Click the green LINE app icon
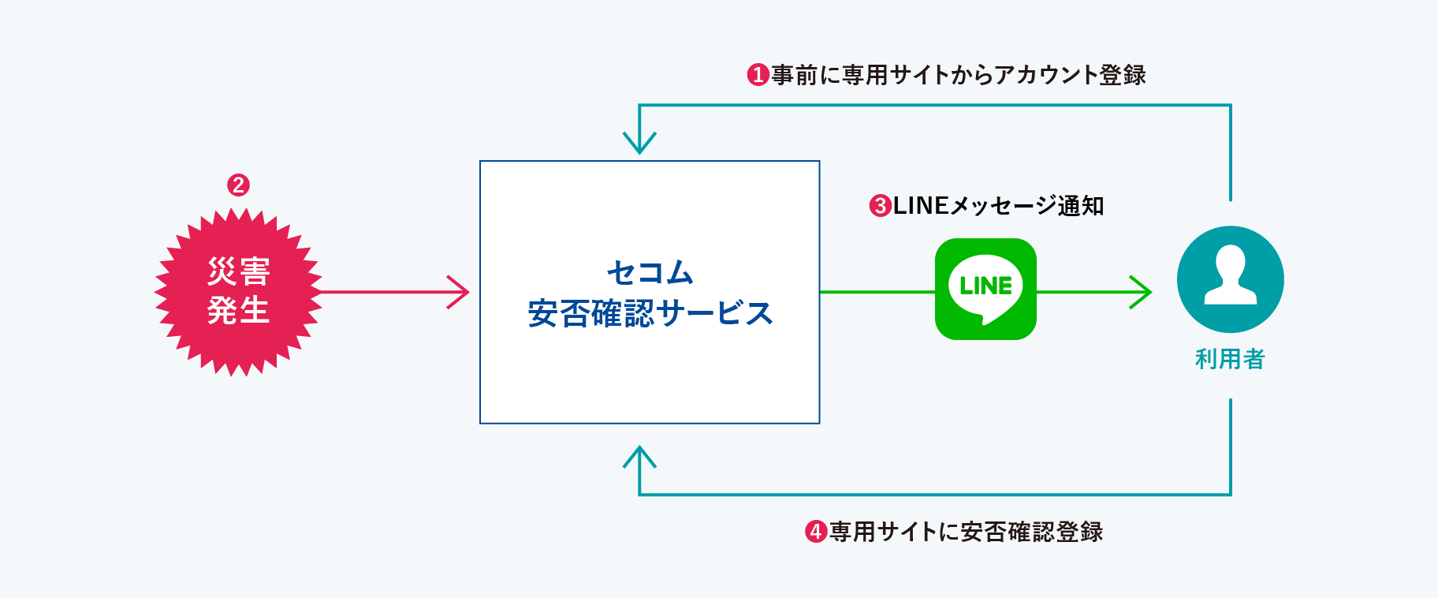click(985, 289)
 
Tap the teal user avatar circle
click(1230, 279)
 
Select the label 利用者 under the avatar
click(1230, 359)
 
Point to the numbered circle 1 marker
click(758, 75)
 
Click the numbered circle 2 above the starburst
click(238, 185)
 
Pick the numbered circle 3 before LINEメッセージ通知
click(880, 206)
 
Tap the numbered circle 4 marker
click(815, 532)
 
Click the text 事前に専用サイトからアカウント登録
click(959, 75)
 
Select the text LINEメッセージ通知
click(998, 206)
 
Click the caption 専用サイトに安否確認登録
click(966, 532)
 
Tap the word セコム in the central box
click(650, 273)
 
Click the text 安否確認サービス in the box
click(650, 313)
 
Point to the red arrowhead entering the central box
click(460, 292)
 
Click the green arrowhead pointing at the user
click(1142, 292)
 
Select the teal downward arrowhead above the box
click(639, 143)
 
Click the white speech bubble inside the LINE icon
click(985, 287)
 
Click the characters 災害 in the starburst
click(238, 271)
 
